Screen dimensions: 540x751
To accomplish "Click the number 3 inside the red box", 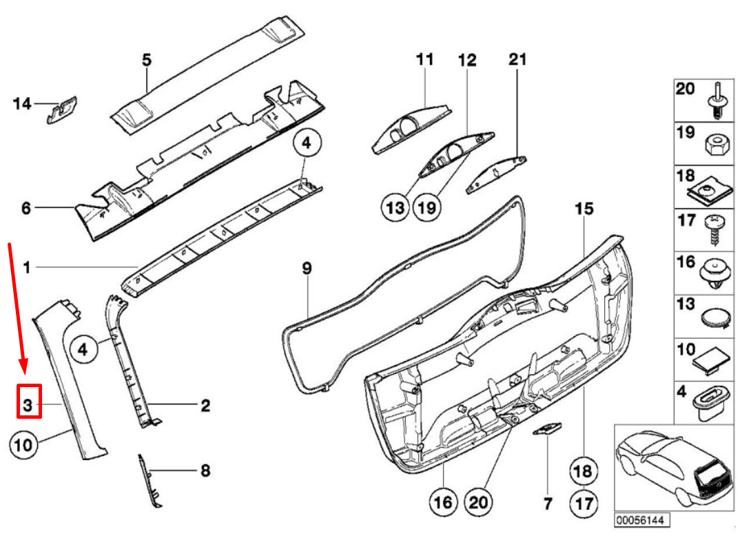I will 29,402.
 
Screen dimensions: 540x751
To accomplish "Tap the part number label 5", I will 147,60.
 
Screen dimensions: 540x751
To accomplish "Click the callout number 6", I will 26,207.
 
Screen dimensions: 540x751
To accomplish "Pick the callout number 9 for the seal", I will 307,268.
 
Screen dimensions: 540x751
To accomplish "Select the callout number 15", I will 584,208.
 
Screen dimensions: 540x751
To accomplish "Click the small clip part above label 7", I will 548,429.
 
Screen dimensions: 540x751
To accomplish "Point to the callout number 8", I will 205,471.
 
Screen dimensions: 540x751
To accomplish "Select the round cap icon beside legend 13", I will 714,319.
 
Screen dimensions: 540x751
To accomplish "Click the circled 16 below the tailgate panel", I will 444,502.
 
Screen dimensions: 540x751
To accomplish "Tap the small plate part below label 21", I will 497,175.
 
